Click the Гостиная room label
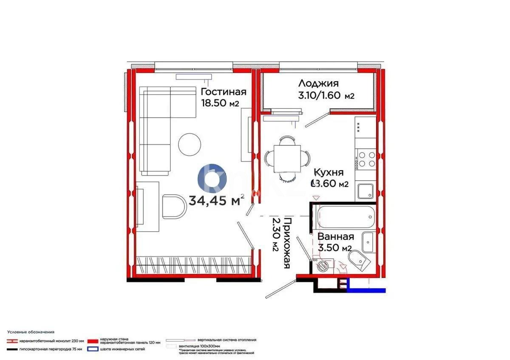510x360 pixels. tap(223, 92)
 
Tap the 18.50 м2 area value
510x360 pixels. tap(220, 103)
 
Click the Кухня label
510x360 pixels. tap(329, 173)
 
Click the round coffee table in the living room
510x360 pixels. tap(190, 144)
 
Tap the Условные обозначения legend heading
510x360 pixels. tap(31, 332)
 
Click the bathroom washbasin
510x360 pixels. tap(368, 242)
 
